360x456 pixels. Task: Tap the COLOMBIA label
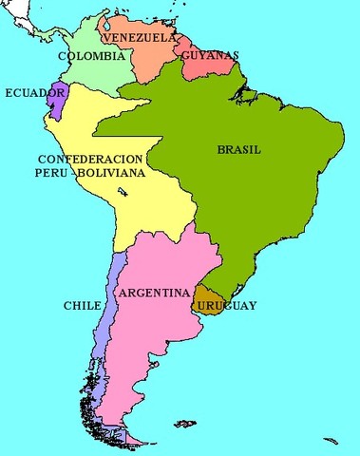point(92,56)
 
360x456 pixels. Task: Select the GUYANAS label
point(209,56)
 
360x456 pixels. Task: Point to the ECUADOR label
point(35,93)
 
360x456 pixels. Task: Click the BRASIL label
point(238,149)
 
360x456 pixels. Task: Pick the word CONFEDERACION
point(91,159)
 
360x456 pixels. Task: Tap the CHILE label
point(82,307)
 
